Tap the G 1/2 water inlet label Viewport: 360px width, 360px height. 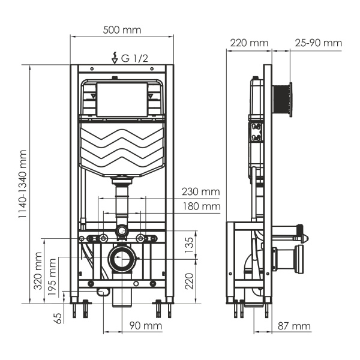coord(134,58)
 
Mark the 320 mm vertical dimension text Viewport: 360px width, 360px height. coord(38,272)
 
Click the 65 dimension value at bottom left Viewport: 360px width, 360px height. coord(58,317)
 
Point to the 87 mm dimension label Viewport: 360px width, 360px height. coord(294,326)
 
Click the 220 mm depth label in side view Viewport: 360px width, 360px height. coord(248,43)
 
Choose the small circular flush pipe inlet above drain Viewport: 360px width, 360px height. coord(122,230)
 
